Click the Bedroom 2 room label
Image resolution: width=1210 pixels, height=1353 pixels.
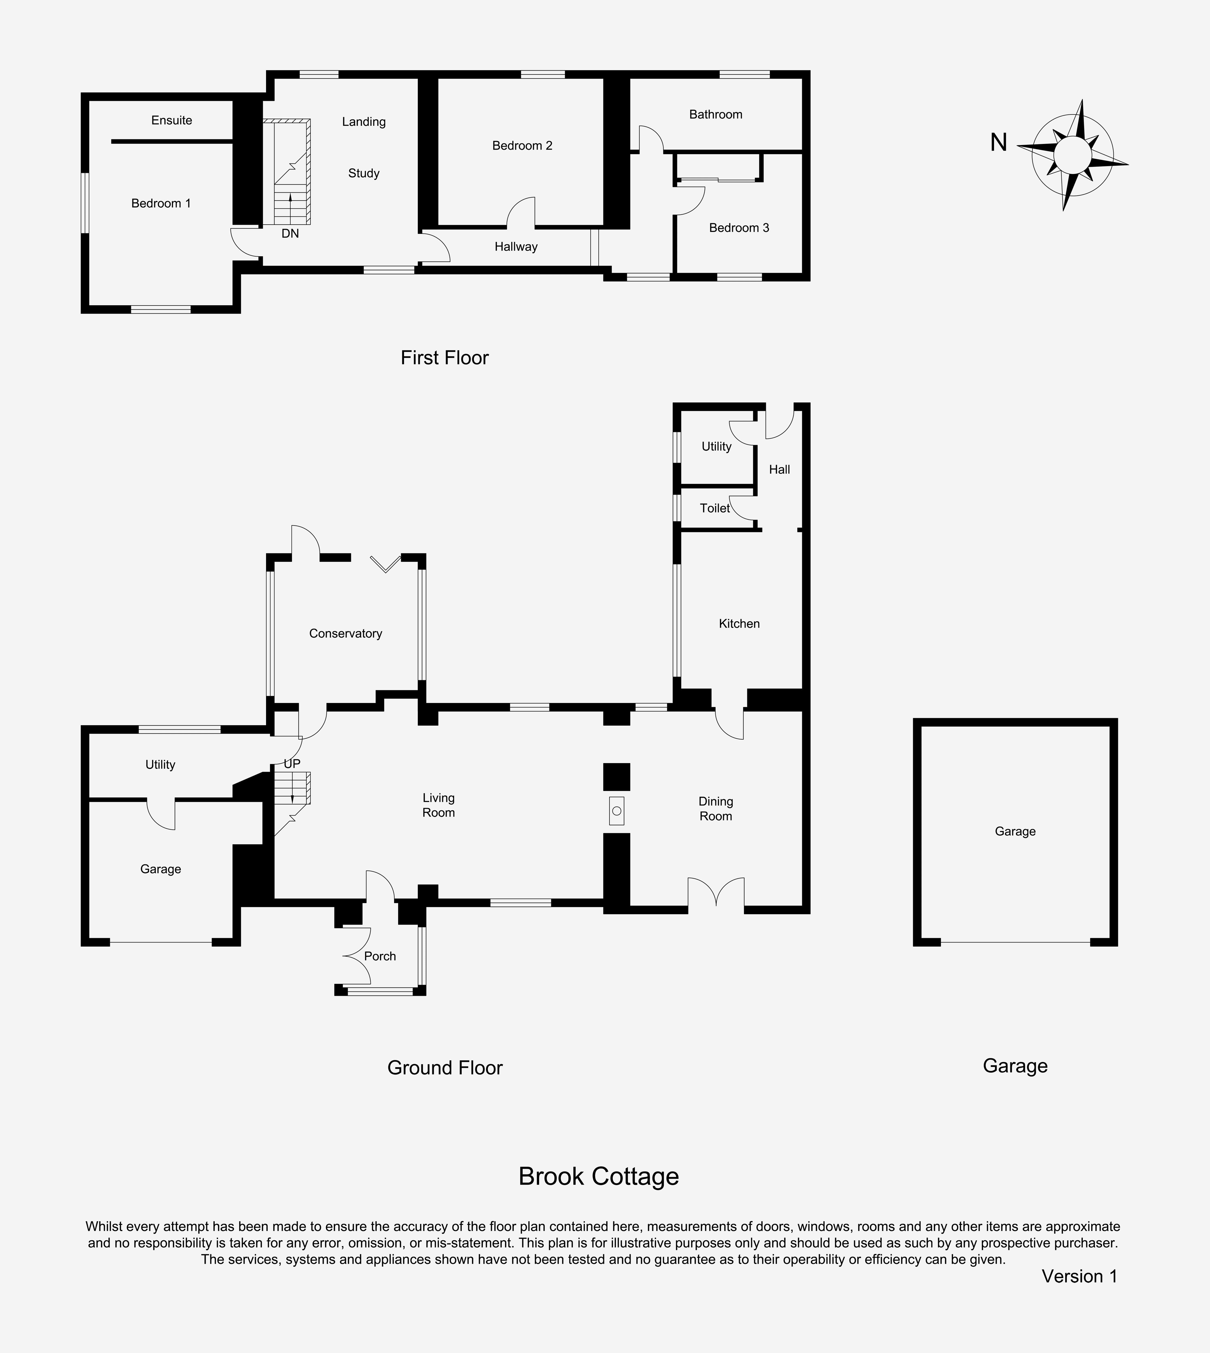(522, 146)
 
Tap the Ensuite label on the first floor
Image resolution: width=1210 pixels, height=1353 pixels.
(172, 120)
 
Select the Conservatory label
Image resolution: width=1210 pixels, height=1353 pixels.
(346, 634)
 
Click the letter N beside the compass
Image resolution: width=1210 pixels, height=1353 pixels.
(999, 142)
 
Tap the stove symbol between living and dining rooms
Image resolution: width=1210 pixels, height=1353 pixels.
(616, 810)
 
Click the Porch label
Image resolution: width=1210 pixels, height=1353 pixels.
(380, 956)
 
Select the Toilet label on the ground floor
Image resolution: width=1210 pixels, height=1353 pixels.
(715, 508)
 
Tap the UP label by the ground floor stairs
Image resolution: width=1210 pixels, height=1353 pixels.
(292, 764)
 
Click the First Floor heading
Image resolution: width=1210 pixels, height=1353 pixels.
(445, 358)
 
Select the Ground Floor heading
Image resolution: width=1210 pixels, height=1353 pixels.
(445, 1068)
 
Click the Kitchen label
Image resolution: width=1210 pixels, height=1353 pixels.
(739, 624)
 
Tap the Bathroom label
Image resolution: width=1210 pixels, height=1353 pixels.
(715, 114)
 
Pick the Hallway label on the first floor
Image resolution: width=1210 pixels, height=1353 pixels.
(516, 247)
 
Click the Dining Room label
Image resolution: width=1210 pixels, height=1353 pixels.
(715, 809)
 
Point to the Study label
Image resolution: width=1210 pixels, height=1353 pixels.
(364, 173)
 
